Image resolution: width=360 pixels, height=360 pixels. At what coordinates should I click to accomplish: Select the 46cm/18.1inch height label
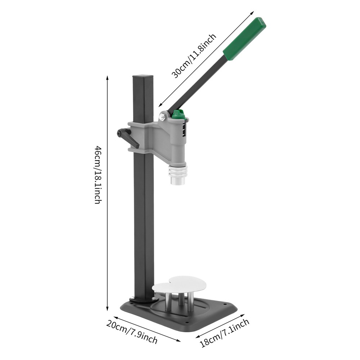(x=97, y=174)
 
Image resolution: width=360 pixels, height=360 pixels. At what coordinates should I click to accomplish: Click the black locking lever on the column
(x=128, y=138)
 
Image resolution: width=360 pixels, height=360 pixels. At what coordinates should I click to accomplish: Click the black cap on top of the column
(x=143, y=77)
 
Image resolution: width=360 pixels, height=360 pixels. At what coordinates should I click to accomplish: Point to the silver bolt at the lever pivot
(x=163, y=116)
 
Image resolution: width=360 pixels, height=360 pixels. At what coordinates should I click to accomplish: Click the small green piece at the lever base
(x=178, y=114)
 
